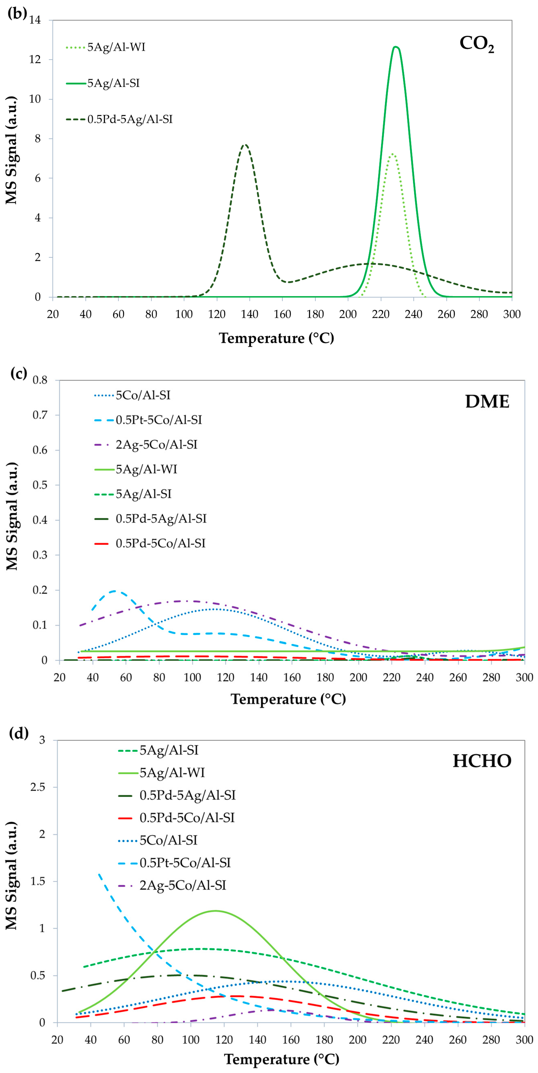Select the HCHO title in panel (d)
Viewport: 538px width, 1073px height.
[482, 761]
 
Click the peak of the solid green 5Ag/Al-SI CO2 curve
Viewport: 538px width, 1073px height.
[395, 47]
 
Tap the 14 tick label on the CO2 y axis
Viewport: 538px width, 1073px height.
[35, 20]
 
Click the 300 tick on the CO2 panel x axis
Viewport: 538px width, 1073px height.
[511, 315]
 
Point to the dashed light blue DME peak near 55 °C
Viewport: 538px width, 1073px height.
[114, 591]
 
